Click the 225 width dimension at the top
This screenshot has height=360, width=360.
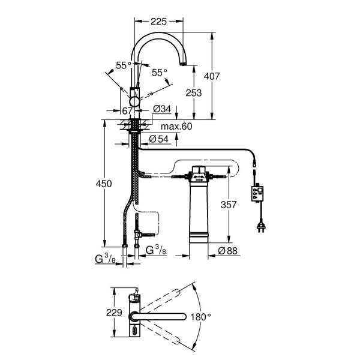click(158, 22)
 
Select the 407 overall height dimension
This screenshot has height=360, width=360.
click(212, 76)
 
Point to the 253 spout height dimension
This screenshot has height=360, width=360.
click(194, 93)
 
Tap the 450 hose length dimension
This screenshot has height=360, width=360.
click(104, 184)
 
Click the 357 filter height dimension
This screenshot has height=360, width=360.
click(229, 205)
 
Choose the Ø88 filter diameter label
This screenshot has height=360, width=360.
click(227, 251)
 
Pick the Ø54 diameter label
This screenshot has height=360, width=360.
click(158, 139)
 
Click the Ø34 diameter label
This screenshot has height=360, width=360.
click(162, 109)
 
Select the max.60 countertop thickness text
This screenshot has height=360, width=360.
click(176, 127)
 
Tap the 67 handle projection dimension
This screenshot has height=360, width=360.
click(127, 111)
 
